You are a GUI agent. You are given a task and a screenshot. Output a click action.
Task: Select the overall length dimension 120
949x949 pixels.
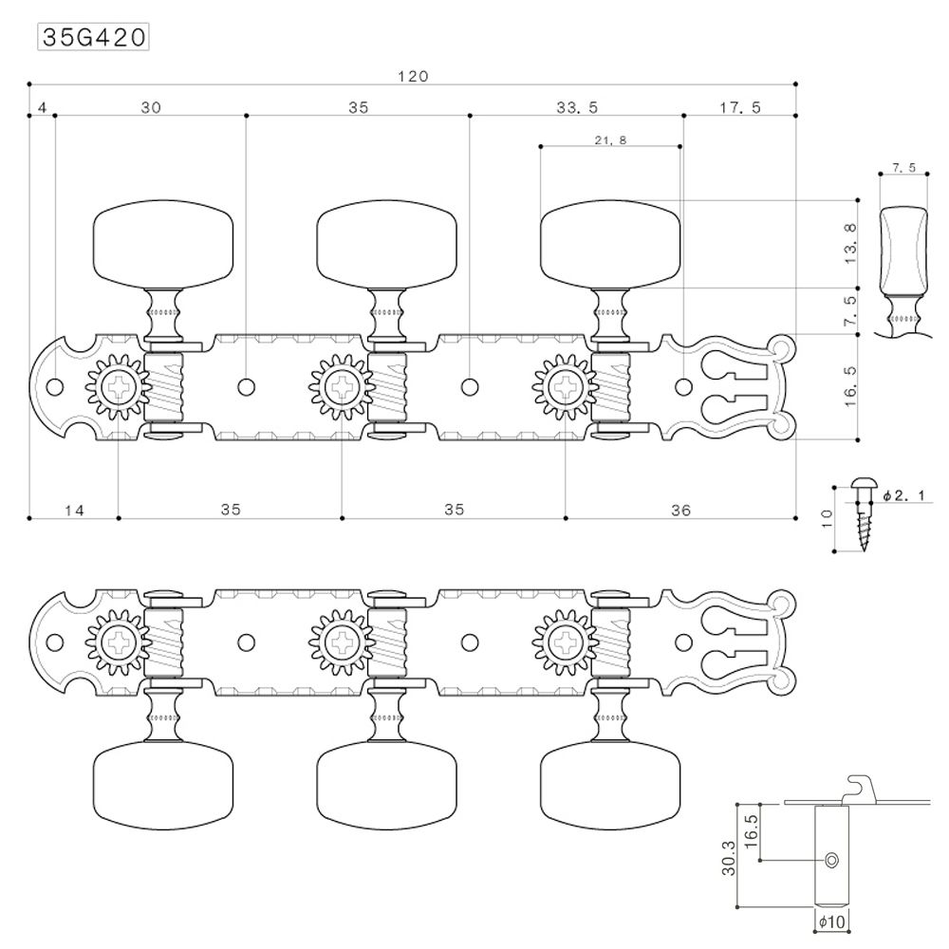click(x=413, y=77)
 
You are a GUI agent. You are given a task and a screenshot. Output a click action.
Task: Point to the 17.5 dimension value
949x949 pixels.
click(x=740, y=108)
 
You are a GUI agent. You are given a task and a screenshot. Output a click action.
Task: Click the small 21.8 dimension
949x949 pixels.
click(x=610, y=140)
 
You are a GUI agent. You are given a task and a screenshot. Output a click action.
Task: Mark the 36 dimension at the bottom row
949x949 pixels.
click(x=679, y=510)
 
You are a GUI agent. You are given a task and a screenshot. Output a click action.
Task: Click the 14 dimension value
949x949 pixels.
click(x=75, y=510)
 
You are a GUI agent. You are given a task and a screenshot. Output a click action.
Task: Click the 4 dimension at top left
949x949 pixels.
click(x=42, y=108)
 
